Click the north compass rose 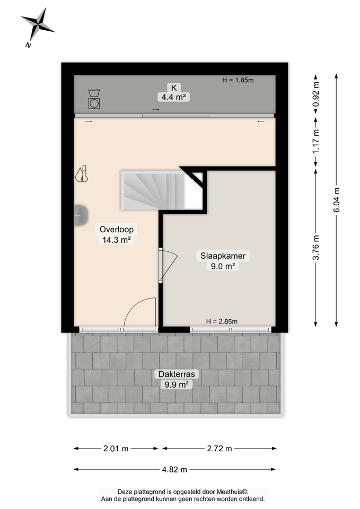pyautogui.click(x=37, y=24)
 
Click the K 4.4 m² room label pyautogui.click(x=173, y=92)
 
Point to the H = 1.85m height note pyautogui.click(x=238, y=81)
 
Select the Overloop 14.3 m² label pyautogui.click(x=117, y=234)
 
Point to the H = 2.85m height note pyautogui.click(x=222, y=321)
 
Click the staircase pyautogui.click(x=154, y=190)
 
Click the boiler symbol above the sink pyautogui.click(x=81, y=174)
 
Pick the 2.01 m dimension pyautogui.click(x=116, y=449)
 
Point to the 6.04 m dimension pyautogui.click(x=336, y=200)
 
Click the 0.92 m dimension pyautogui.click(x=316, y=94)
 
